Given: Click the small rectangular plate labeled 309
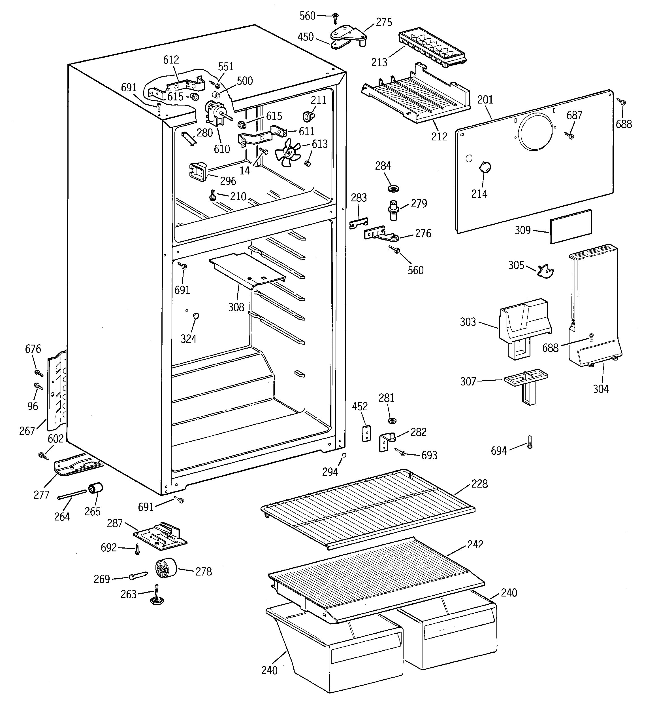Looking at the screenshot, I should [x=570, y=226].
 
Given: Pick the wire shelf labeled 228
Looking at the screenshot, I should [x=367, y=509].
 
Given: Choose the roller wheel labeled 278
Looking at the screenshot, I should [x=166, y=568].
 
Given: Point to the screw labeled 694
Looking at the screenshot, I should [x=529, y=442].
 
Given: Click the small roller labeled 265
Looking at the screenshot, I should [x=95, y=489].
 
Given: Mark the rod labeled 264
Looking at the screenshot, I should [x=72, y=494].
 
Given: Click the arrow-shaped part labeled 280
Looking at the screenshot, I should [x=188, y=138].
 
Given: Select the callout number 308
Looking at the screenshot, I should [x=236, y=307].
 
